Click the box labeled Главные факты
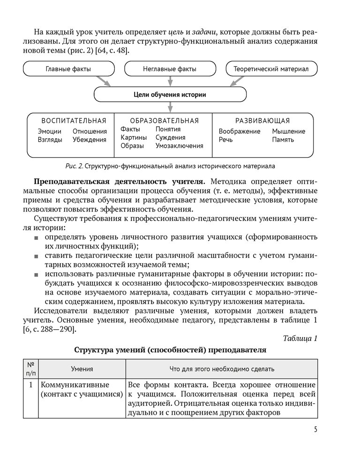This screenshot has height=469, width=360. click(68, 69)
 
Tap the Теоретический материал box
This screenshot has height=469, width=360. click(271, 69)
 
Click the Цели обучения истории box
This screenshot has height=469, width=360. click(170, 94)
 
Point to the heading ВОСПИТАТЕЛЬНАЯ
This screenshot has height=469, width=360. click(74, 121)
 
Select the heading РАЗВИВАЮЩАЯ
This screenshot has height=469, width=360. click(262, 121)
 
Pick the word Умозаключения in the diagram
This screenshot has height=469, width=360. click(180, 146)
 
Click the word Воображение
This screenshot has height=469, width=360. click(239, 131)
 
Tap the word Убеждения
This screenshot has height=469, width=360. click(90, 139)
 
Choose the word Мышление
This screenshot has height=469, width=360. click(289, 131)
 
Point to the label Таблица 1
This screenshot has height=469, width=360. click(300, 339)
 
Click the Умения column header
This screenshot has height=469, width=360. click(82, 369)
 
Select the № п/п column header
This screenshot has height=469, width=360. click(30, 369)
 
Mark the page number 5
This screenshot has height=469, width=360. click(315, 430)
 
